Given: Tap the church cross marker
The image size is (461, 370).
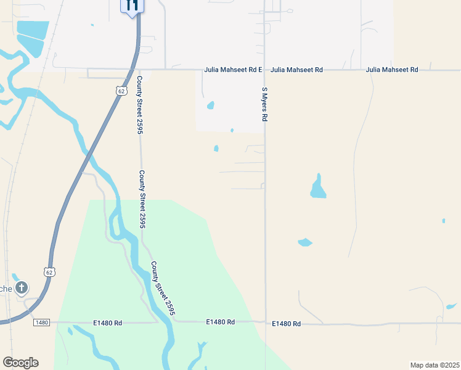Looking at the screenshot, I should [x=22, y=287].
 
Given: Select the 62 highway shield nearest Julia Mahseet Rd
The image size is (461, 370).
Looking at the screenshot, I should [x=120, y=90].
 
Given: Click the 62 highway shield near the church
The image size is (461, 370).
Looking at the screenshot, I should [x=49, y=271].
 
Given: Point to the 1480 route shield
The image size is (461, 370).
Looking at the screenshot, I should [x=41, y=323].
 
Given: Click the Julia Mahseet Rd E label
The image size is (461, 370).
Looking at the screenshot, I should [x=234, y=70].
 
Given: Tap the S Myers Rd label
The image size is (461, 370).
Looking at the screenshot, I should [x=264, y=104].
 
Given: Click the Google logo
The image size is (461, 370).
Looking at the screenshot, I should [x=20, y=363].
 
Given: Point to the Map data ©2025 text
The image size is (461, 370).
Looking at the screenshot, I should [x=434, y=364].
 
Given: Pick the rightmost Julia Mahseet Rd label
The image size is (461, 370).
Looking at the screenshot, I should [x=392, y=70].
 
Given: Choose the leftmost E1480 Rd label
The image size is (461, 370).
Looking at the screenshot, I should [x=108, y=323].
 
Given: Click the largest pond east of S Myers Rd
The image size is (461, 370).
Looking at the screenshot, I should [x=317, y=187].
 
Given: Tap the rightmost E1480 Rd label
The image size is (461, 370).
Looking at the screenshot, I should [x=287, y=324].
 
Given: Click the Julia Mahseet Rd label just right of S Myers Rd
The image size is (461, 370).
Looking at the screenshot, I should [x=296, y=70].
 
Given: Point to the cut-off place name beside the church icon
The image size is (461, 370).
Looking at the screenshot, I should [x=6, y=289].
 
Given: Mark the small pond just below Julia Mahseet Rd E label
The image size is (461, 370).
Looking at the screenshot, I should [x=211, y=105].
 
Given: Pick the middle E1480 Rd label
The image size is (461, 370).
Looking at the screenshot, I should [x=221, y=323].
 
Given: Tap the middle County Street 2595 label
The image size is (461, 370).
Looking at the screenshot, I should [x=142, y=199].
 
